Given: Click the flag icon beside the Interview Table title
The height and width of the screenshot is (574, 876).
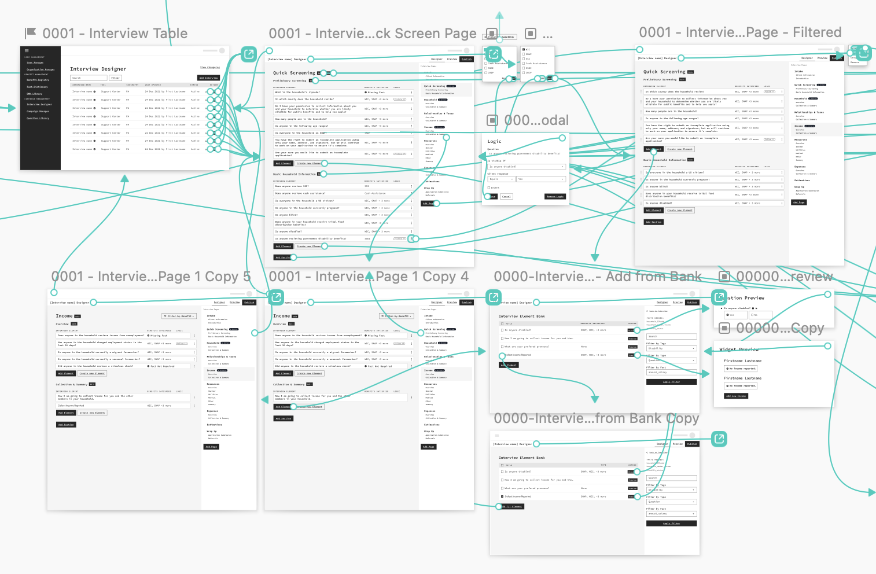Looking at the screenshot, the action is pyautogui.click(x=31, y=33).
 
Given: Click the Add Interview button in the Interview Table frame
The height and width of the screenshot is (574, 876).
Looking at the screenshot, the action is pyautogui.click(x=209, y=78).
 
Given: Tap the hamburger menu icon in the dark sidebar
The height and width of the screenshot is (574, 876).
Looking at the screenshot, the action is pyautogui.click(x=27, y=51).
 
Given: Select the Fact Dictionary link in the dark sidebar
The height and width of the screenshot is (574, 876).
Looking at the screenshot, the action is pyautogui.click(x=37, y=87).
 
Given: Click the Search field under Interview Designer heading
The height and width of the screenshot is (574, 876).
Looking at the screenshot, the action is pyautogui.click(x=89, y=78).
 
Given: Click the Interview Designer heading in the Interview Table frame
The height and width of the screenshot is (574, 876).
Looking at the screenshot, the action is pyautogui.click(x=98, y=69).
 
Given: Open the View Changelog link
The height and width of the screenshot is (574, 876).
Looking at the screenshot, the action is pyautogui.click(x=210, y=68).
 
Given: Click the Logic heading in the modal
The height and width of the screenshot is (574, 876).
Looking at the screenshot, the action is pyautogui.click(x=494, y=141).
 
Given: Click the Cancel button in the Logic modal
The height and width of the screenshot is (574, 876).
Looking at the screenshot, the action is pyautogui.click(x=506, y=197).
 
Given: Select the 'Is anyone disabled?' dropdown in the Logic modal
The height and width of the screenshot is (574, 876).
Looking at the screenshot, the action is pyautogui.click(x=526, y=167).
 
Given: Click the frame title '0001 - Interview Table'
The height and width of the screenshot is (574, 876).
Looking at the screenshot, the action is pyautogui.click(x=115, y=34).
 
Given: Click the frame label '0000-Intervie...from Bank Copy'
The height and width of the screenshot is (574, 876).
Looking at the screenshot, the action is pyautogui.click(x=597, y=418).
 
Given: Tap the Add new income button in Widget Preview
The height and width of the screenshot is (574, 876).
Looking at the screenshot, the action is pyautogui.click(x=736, y=396).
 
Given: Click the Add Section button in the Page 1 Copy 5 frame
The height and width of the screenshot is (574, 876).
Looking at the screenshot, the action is pyautogui.click(x=67, y=425).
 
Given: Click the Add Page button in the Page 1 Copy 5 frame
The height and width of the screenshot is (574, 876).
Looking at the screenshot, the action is pyautogui.click(x=211, y=447).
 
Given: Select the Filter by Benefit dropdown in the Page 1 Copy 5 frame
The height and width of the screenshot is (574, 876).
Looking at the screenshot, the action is pyautogui.click(x=179, y=316).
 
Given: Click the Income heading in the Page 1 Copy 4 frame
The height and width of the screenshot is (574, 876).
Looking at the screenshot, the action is pyautogui.click(x=281, y=316).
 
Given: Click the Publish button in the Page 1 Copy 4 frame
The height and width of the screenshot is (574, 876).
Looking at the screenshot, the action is pyautogui.click(x=467, y=302).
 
